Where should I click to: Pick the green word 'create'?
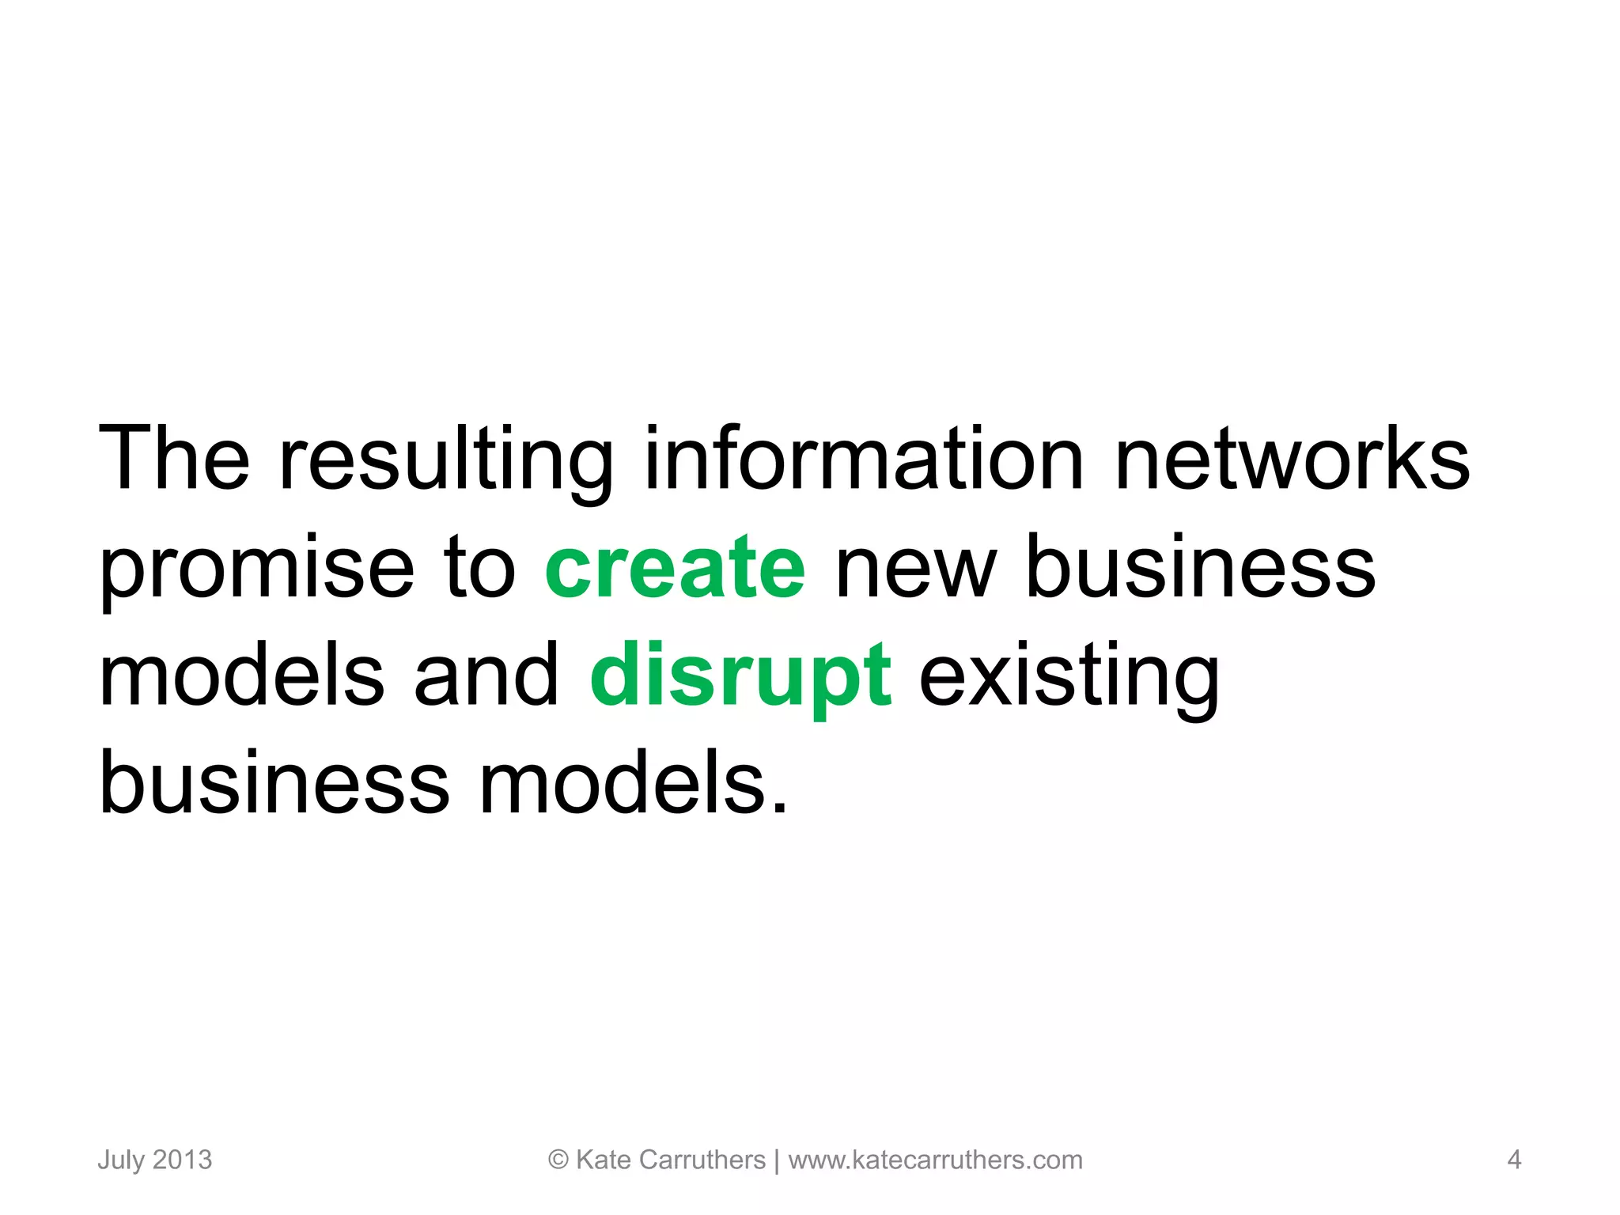[x=675, y=567]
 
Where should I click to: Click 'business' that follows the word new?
[x=1200, y=567]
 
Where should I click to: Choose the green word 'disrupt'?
[x=741, y=677]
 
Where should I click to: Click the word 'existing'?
[x=1069, y=677]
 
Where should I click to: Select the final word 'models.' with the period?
[x=634, y=783]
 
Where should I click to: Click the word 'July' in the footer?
[x=121, y=1160]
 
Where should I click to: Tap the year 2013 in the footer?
[x=182, y=1160]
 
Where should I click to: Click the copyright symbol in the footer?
[x=558, y=1160]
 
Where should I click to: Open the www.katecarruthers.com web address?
[x=935, y=1160]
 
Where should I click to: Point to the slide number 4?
[x=1514, y=1160]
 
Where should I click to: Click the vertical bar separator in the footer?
[x=777, y=1160]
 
